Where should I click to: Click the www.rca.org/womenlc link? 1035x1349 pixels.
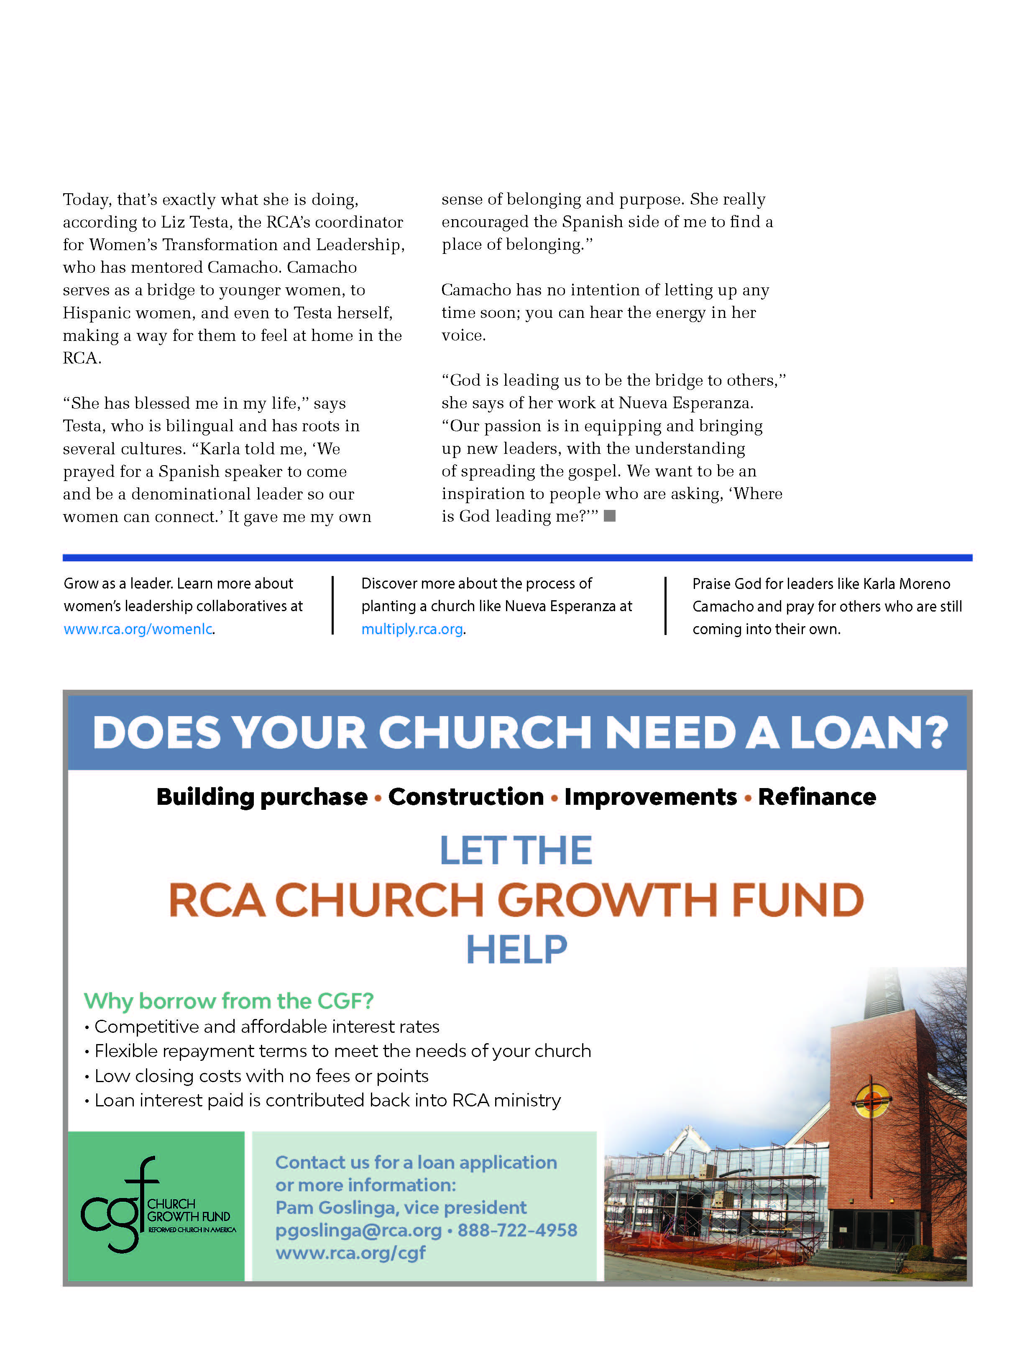pyautogui.click(x=138, y=629)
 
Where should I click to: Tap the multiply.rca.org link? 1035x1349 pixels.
pyautogui.click(x=411, y=629)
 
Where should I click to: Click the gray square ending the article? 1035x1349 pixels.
pyautogui.click(x=610, y=516)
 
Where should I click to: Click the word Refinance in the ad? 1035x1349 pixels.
pyautogui.click(x=816, y=797)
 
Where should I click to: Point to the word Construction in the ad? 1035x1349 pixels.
pyautogui.click(x=466, y=797)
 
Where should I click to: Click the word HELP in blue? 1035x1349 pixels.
pyautogui.click(x=516, y=950)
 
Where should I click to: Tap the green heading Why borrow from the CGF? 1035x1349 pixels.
pyautogui.click(x=229, y=1001)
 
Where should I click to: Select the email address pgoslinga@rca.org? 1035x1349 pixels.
pyautogui.click(x=358, y=1230)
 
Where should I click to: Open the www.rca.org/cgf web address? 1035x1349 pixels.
pyautogui.click(x=350, y=1253)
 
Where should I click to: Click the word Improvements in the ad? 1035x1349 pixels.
pyautogui.click(x=651, y=797)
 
